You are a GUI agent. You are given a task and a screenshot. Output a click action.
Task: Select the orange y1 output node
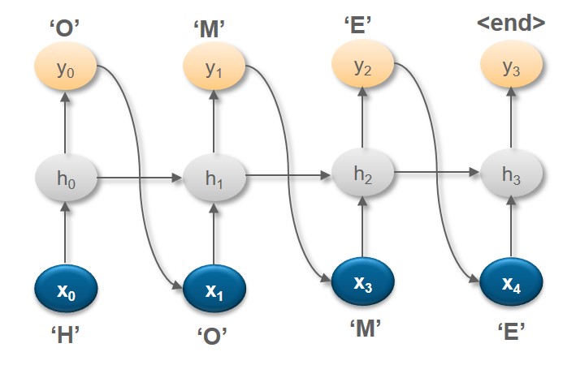(214, 68)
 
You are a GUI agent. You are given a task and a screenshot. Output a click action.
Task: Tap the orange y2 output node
(362, 68)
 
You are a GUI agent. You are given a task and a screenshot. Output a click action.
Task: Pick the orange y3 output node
(511, 68)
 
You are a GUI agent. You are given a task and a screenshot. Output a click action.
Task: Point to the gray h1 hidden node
(214, 175)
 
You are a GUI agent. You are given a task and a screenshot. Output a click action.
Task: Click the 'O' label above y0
(65, 28)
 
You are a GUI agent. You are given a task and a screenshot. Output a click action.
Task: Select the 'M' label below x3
(362, 328)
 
